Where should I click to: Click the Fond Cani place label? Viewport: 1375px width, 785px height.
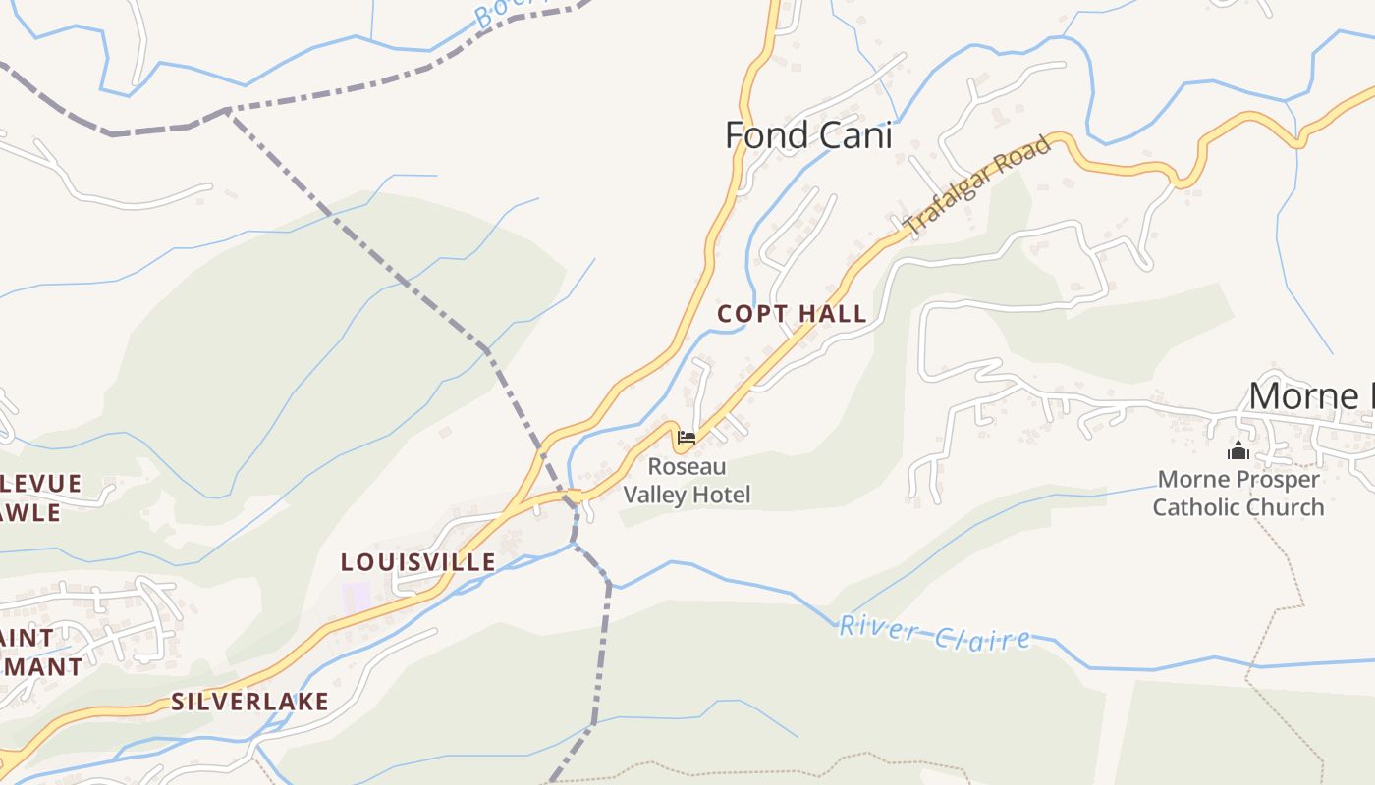pos(808,135)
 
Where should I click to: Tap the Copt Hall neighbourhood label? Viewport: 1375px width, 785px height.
pos(792,314)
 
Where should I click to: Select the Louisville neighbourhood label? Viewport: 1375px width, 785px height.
pos(417,562)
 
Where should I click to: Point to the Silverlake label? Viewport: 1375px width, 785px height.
pos(249,702)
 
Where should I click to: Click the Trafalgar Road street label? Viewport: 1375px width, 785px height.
pos(977,185)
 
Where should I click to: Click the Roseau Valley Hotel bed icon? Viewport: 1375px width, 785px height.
pos(687,438)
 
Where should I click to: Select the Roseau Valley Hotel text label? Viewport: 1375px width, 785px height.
pos(687,481)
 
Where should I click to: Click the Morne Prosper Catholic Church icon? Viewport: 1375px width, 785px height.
pos(1237,451)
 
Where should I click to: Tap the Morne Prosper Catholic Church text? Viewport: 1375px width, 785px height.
pos(1237,494)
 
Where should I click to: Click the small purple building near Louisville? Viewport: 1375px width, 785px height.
pos(356,595)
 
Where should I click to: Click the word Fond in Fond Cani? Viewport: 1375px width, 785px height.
pos(764,135)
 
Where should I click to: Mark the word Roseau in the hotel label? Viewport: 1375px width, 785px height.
pos(687,467)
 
